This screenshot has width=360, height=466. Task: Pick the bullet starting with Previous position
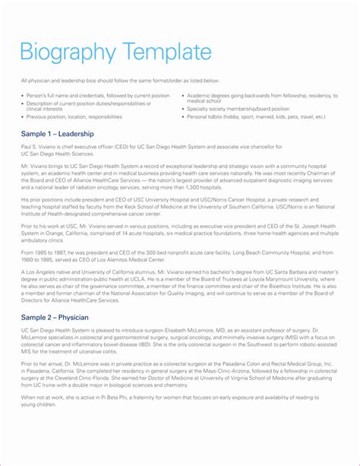[75, 117]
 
